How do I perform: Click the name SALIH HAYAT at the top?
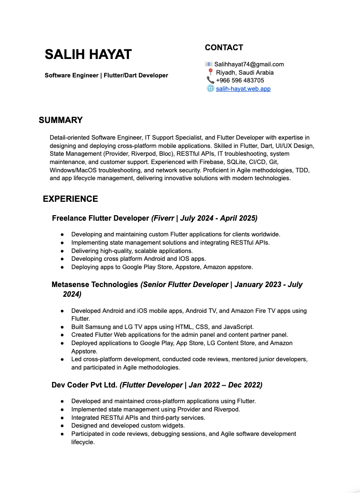coord(88,54)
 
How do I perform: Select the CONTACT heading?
coord(224,47)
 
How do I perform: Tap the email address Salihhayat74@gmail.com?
coord(249,64)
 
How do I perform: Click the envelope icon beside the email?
coord(209,64)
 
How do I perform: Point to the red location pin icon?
coord(211,72)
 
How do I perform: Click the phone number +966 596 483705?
coord(240,80)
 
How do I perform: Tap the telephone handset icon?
coord(210,80)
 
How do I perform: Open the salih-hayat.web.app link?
coord(243,88)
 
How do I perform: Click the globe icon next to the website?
coord(210,88)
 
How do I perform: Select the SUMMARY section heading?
coord(61,120)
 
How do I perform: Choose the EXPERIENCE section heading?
coord(70,199)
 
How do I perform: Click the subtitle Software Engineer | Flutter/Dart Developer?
coord(106,75)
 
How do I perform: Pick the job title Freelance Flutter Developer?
coord(100,218)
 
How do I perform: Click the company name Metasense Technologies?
coord(95,284)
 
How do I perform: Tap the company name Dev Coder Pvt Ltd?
coord(84,385)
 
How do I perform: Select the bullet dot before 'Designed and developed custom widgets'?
coord(62,426)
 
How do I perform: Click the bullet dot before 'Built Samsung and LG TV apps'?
coord(62,327)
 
